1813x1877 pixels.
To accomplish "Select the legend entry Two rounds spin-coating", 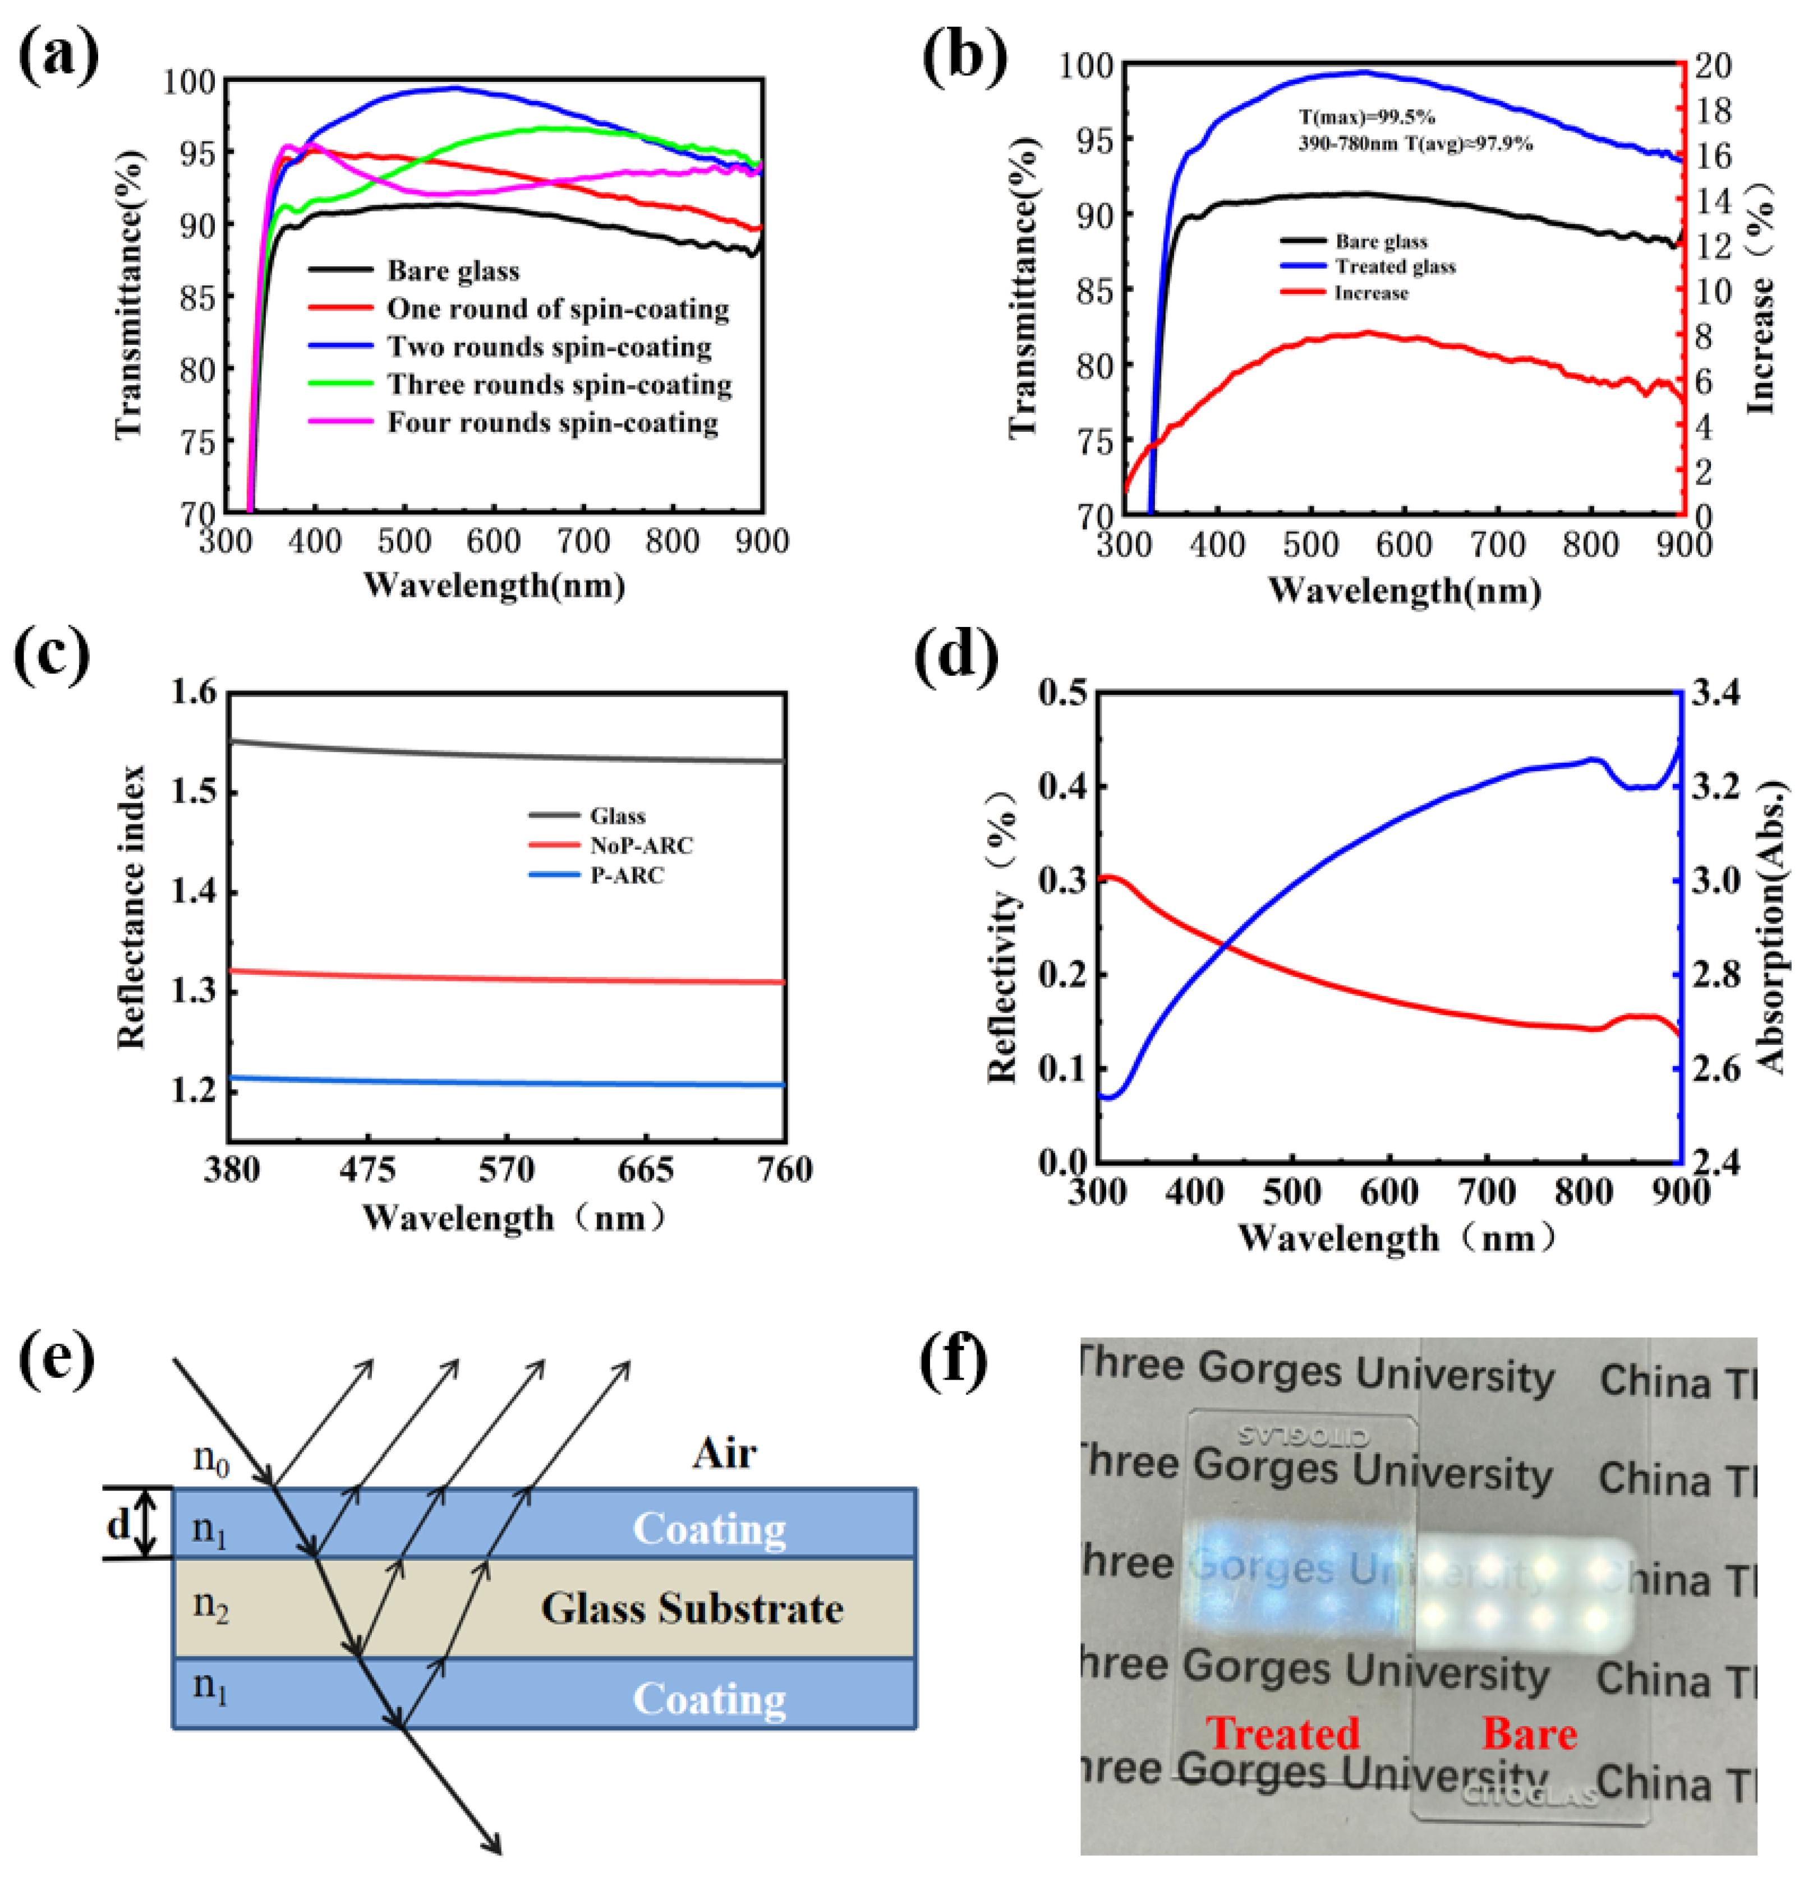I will (549, 347).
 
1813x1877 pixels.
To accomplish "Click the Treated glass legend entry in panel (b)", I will (1395, 267).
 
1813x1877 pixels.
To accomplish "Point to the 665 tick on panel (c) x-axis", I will (646, 1171).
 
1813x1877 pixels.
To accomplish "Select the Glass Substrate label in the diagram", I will (692, 1609).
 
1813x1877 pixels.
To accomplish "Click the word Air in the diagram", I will (724, 1454).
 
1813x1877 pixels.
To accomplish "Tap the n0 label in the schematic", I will (211, 1458).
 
